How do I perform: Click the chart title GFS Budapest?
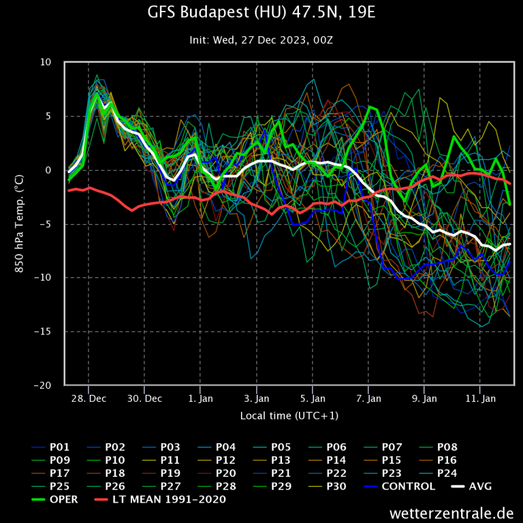(261, 13)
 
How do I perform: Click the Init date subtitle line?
(261, 39)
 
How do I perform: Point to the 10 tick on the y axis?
(46, 63)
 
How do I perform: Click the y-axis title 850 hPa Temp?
(20, 224)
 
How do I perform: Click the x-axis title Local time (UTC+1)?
(289, 415)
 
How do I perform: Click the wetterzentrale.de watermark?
(451, 512)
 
